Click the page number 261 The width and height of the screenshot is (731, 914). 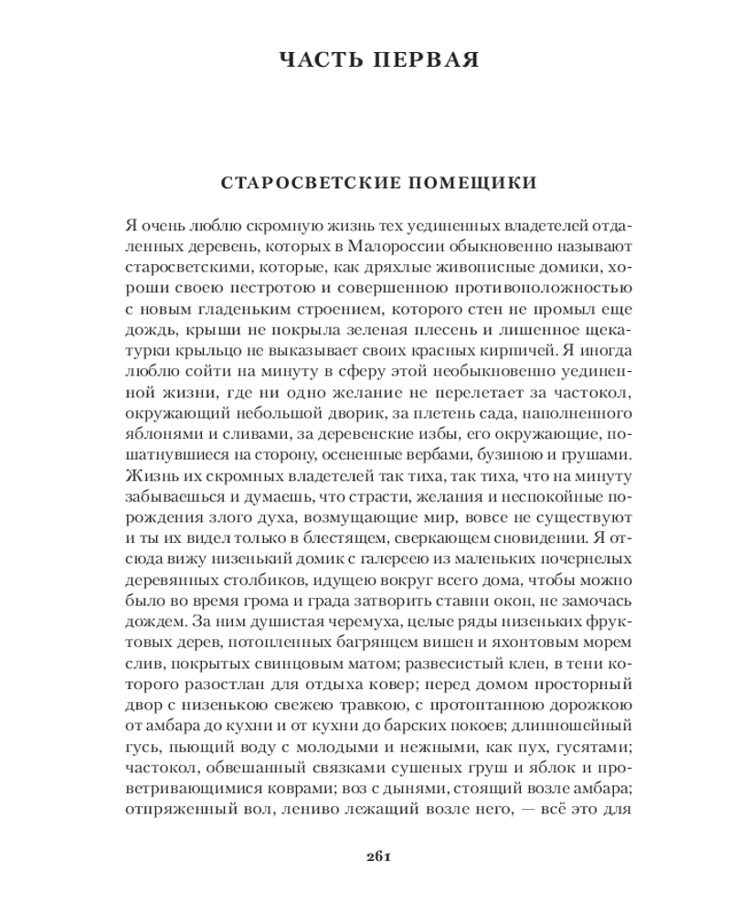coord(379,856)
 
